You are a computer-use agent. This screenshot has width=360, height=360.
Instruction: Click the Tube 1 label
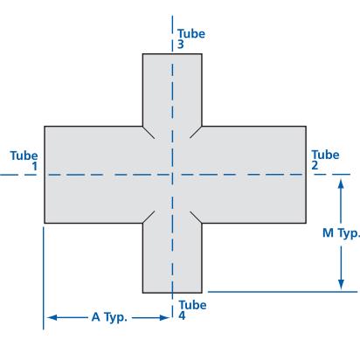pos(24,161)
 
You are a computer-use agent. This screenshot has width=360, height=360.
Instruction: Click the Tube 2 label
pos(325,160)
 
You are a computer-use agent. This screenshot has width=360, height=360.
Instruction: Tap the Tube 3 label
pos(191,38)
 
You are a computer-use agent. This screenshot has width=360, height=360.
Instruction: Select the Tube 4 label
pos(192,310)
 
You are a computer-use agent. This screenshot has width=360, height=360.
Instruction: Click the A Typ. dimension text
pos(109,317)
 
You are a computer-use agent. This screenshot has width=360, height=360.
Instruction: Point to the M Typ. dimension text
pos(342,233)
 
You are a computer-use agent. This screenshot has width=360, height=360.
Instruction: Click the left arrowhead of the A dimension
pos(52,317)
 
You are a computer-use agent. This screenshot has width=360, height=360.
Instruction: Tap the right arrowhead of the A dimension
pos(164,317)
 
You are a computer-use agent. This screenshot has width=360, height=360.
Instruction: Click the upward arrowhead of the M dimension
pos(341,184)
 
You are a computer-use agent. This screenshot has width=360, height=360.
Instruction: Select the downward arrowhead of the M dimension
pos(341,285)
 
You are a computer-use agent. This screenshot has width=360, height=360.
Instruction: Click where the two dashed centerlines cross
pos(172,175)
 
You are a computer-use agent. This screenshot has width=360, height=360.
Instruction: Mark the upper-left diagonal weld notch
pos(149,132)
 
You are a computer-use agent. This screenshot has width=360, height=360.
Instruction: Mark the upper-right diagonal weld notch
pos(196,132)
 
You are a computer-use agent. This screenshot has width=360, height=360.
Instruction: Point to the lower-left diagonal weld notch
pos(149,218)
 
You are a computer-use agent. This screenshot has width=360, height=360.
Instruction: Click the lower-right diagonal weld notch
pos(196,218)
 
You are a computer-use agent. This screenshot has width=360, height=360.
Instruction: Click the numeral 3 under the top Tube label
pos(181,45)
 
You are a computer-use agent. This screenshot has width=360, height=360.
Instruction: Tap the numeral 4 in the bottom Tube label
pos(182,315)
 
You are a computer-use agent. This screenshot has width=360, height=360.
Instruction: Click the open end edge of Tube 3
pos(172,54)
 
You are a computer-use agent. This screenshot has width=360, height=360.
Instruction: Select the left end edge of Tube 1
pos(45,175)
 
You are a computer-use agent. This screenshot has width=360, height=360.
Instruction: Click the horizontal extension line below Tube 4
pos(282,291)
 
